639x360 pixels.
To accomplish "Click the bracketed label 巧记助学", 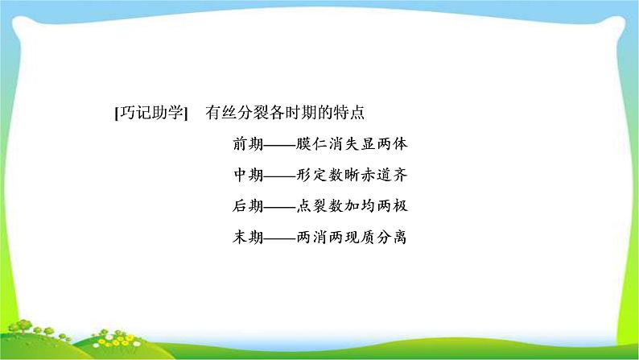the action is coord(151,113).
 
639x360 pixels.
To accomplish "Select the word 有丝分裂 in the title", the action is coord(237,113).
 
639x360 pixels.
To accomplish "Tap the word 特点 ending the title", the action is coord(348,113).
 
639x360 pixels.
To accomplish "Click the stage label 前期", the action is coord(248,144).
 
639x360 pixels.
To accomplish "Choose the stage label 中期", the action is coord(248,175).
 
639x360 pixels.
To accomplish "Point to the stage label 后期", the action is coord(248,206).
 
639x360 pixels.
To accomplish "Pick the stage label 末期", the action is coord(248,237).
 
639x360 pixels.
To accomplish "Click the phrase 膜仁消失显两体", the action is coord(352,144).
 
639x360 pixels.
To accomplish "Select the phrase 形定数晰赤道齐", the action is coord(352,175).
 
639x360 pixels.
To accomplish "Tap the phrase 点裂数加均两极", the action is coord(352,206).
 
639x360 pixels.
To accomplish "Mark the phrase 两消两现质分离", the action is coord(352,237).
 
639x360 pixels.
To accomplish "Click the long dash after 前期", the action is coord(280,145).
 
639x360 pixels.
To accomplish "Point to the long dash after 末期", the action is coord(280,238).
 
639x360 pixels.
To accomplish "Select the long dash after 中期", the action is coord(280,176).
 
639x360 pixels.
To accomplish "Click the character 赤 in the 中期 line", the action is coord(368,175).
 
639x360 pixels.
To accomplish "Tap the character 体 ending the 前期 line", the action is coord(400,144).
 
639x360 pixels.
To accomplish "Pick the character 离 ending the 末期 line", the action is coord(400,237).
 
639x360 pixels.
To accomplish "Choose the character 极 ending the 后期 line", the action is coord(400,206).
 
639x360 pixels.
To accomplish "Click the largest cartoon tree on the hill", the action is coord(23,326).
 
